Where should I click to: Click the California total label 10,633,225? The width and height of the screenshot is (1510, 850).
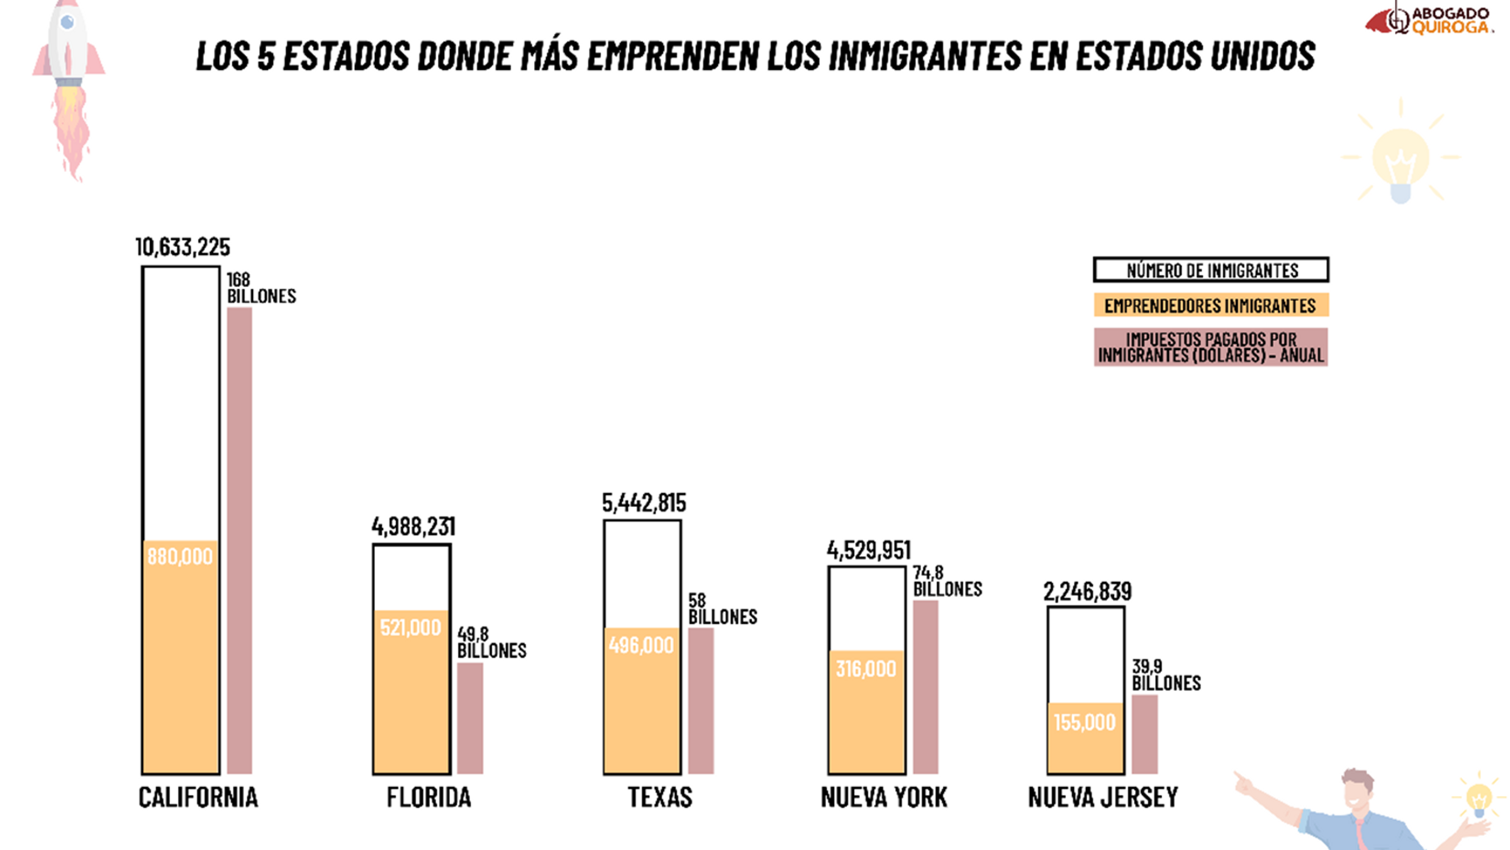coord(182,247)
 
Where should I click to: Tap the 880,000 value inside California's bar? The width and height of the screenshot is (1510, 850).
coord(180,557)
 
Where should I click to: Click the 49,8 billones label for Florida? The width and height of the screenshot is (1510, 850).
coord(491,642)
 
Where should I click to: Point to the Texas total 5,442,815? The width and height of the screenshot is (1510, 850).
coord(644,503)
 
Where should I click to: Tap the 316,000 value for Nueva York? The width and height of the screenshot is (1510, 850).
coord(866,669)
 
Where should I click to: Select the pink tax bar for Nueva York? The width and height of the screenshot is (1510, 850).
coord(925,686)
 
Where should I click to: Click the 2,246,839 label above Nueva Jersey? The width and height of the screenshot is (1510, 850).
coord(1087,592)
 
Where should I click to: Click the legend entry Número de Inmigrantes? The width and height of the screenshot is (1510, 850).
coord(1211,270)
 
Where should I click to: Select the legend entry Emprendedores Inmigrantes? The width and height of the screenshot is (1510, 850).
coord(1211,305)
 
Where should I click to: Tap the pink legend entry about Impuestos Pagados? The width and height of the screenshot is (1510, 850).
coord(1211,347)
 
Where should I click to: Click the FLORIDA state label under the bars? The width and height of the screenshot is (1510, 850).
coord(428,798)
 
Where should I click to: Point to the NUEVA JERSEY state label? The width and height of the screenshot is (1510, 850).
coord(1103,798)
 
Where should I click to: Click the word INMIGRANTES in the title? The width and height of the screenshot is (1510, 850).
coord(925,55)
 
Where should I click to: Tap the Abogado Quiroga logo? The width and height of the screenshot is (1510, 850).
coord(1428,20)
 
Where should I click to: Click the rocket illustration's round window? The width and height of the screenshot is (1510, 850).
coord(67,23)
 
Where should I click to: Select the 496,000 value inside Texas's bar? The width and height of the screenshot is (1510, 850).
coord(641,645)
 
